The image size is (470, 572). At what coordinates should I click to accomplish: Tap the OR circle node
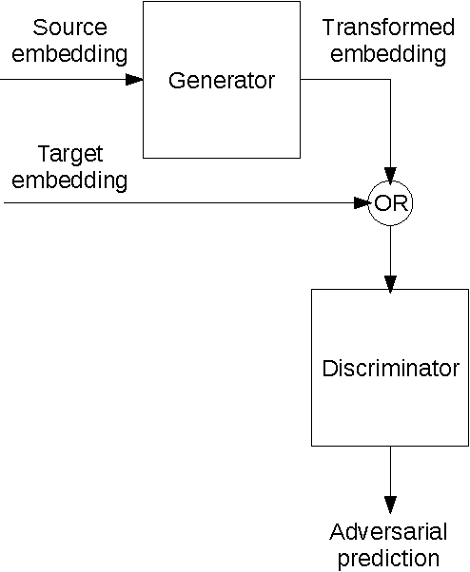(390, 202)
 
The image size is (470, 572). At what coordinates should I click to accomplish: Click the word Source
(69, 28)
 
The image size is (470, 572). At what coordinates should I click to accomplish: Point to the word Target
(69, 153)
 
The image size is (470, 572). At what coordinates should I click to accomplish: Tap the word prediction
(390, 557)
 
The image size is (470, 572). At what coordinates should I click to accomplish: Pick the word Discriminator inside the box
(390, 368)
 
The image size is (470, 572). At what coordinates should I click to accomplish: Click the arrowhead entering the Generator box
(134, 80)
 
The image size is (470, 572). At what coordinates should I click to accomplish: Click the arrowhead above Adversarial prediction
(390, 504)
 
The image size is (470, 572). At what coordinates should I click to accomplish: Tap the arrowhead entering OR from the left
(362, 202)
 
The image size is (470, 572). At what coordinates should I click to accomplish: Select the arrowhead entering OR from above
(390, 174)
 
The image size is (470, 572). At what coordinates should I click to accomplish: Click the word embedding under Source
(69, 53)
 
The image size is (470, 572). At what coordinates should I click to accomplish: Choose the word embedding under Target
(69, 180)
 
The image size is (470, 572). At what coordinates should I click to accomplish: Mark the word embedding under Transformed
(383, 53)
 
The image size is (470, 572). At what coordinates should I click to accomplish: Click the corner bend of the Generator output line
(390, 80)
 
